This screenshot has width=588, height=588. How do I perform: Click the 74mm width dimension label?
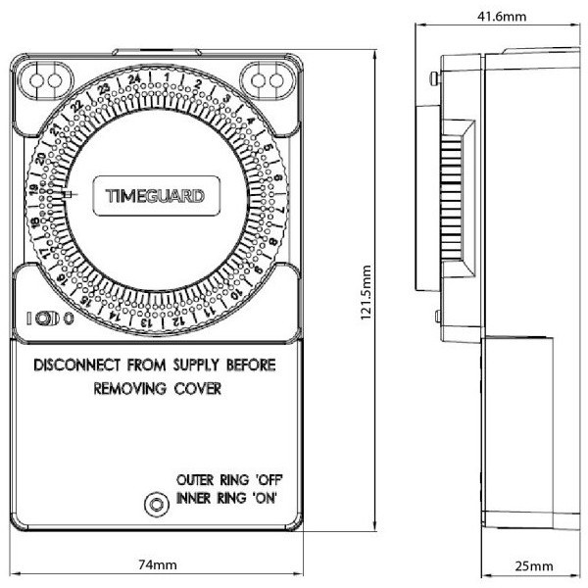[158, 564]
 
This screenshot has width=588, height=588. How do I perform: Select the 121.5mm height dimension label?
[366, 292]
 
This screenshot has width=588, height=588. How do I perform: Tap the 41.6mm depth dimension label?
[502, 17]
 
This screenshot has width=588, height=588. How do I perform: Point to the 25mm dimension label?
[534, 565]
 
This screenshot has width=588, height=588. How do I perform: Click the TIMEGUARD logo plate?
[156, 196]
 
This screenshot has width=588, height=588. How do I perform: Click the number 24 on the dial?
[134, 79]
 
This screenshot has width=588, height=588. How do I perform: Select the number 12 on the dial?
[179, 321]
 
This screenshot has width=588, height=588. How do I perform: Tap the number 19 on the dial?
[34, 190]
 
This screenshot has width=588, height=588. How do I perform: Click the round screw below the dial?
[157, 505]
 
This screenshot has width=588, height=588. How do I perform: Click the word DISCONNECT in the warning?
[77, 365]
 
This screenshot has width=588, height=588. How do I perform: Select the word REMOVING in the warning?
[130, 388]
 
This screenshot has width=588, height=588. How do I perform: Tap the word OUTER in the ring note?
[195, 480]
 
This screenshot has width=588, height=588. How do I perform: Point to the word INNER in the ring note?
[193, 499]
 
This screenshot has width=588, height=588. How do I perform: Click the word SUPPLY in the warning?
[196, 365]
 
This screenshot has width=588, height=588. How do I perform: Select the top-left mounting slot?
[46, 80]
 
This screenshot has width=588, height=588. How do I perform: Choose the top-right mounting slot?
[268, 80]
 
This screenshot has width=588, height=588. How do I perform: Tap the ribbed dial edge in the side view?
[451, 198]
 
